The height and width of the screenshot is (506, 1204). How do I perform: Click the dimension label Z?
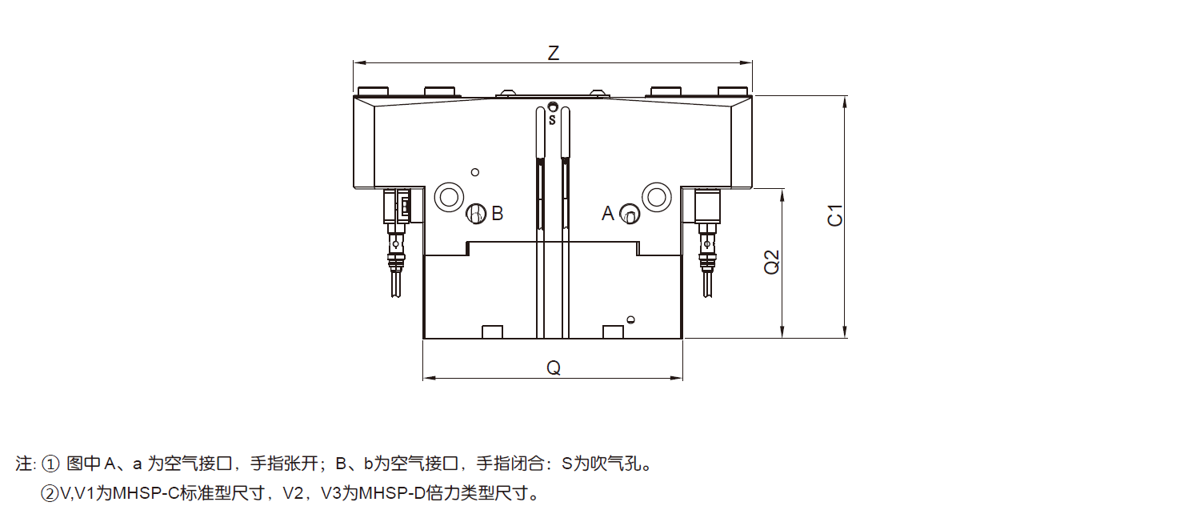[x=553, y=53]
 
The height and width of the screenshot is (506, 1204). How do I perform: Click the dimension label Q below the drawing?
[x=553, y=367]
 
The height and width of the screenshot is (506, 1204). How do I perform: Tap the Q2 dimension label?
[x=771, y=263]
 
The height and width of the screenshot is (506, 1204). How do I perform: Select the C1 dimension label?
[x=835, y=216]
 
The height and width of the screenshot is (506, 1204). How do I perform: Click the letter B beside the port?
[x=498, y=214]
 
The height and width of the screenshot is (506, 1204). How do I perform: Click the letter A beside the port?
[x=608, y=214]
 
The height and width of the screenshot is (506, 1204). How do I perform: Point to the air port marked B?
[x=475, y=214]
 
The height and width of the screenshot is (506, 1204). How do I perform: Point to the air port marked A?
[x=629, y=215]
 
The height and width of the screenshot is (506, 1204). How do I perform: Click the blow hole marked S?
[x=552, y=106]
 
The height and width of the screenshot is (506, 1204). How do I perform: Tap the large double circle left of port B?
[x=447, y=196]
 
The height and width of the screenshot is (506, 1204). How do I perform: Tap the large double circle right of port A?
[x=656, y=196]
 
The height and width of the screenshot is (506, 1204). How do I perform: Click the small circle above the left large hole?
[x=474, y=172]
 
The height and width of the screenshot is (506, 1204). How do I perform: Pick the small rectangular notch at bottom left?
[x=491, y=331]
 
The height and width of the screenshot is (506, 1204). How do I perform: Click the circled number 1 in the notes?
[x=50, y=464]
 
